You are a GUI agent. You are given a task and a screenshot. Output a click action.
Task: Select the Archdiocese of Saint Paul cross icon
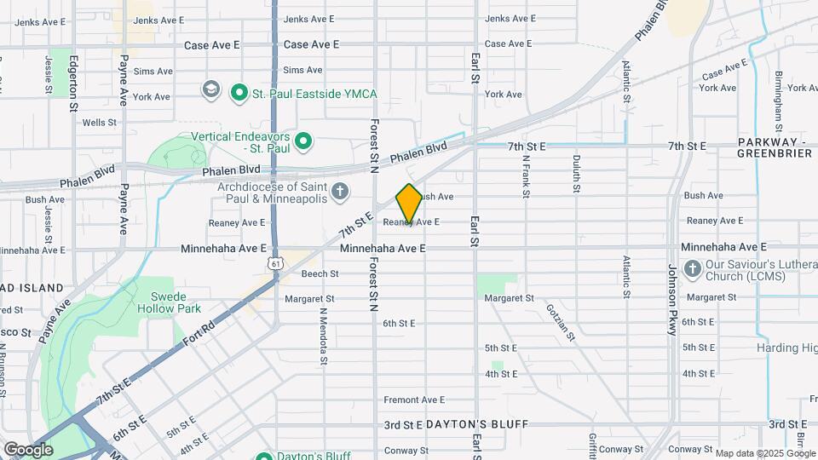click(x=340, y=190)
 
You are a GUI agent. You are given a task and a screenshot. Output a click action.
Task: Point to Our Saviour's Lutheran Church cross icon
click(x=692, y=269)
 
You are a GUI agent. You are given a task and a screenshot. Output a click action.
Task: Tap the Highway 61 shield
click(x=274, y=264)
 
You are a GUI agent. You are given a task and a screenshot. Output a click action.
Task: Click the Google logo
click(x=28, y=449)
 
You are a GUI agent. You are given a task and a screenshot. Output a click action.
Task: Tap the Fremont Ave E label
click(x=414, y=400)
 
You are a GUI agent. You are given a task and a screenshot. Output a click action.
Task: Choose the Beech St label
click(x=320, y=273)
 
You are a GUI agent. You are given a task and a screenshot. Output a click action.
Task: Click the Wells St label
click(x=100, y=123)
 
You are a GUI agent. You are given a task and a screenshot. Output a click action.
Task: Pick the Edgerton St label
click(x=75, y=83)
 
